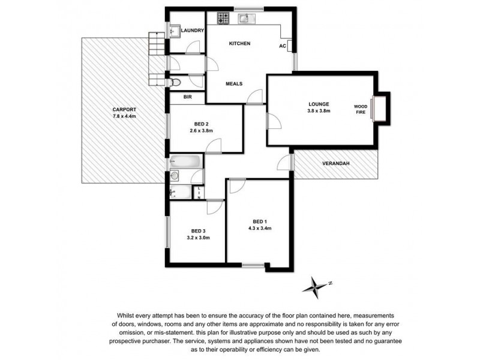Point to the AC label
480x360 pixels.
tap(281, 46)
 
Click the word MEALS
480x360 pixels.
tap(234, 83)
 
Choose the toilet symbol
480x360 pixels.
tap(175, 81)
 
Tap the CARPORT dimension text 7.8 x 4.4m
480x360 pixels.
tap(124, 116)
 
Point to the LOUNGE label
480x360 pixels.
tap(319, 104)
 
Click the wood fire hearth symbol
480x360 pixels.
tap(379, 108)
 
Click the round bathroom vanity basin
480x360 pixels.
tap(175, 176)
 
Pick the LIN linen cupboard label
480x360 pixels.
tap(199, 192)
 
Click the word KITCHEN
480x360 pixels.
tap(239, 44)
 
